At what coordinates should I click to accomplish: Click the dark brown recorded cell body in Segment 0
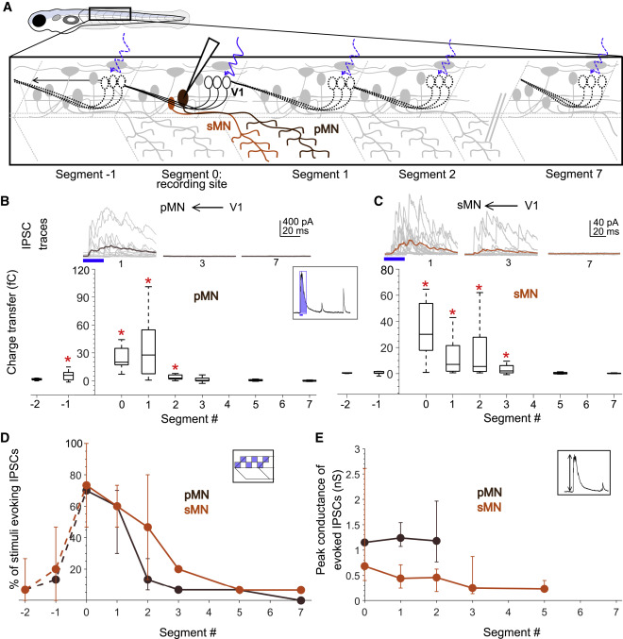click(181, 99)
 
